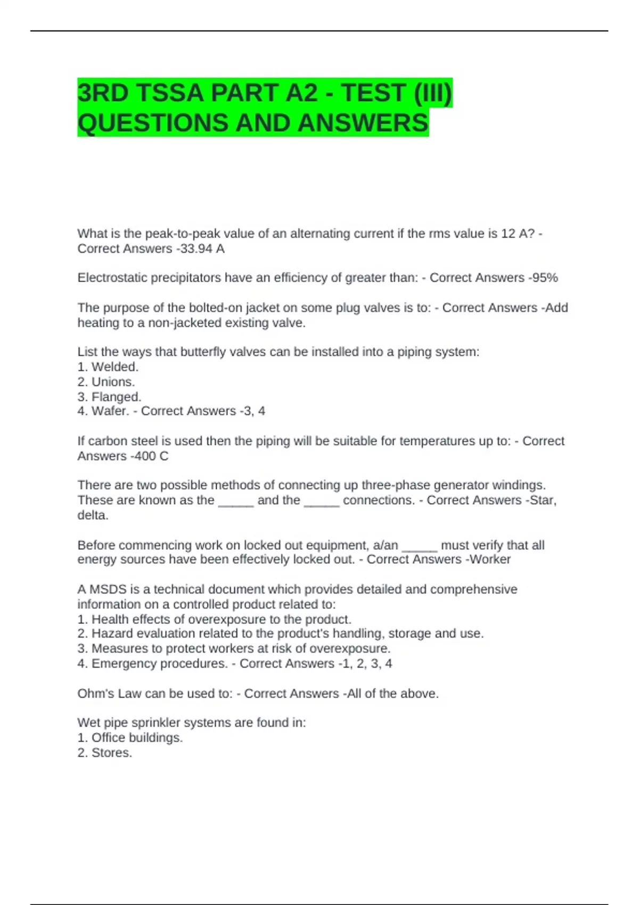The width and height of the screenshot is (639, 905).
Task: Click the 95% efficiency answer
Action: coord(545,278)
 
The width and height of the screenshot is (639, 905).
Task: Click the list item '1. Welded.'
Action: coord(108,367)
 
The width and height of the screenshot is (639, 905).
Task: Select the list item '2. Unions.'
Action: coord(106,382)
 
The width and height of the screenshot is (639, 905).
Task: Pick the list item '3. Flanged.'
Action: coord(109,397)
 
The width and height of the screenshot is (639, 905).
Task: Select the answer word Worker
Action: coord(490,560)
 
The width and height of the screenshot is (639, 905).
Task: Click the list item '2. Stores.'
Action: coord(104,753)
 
